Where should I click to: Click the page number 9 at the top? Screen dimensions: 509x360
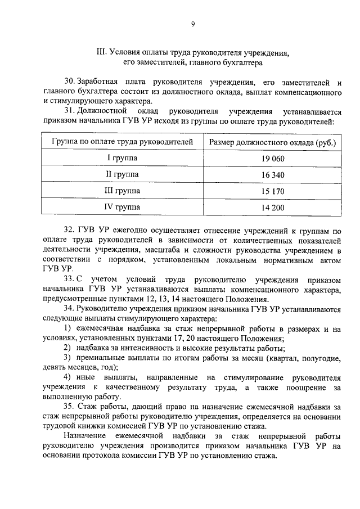193,24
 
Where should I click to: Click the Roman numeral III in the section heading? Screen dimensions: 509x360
101,53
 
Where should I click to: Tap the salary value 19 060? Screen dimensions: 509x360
273,159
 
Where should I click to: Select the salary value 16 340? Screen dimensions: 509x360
273,175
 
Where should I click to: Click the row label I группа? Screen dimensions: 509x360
122,158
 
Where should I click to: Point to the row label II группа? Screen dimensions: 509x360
122,174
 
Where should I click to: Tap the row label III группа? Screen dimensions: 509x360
122,191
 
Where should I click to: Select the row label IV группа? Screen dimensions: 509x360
122,208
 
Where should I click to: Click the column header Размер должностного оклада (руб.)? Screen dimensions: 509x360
273,142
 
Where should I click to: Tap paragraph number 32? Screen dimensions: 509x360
69,231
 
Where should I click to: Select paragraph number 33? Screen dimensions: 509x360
69,279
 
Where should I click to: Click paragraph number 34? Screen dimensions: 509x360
69,308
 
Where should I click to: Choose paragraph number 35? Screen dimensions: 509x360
69,406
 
